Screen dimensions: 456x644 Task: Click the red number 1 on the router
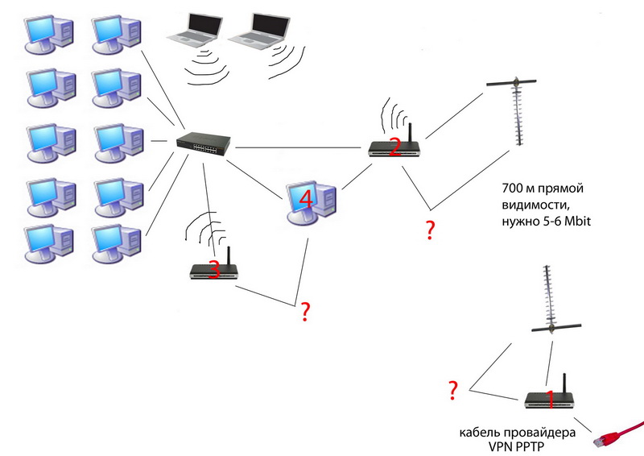coord(551,398)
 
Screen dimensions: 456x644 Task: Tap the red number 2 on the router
coord(394,146)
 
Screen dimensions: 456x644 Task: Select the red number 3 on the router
coord(214,270)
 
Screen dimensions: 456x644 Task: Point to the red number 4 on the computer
coord(304,197)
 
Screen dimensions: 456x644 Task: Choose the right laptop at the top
coord(258,31)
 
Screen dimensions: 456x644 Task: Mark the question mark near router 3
coord(305,311)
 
